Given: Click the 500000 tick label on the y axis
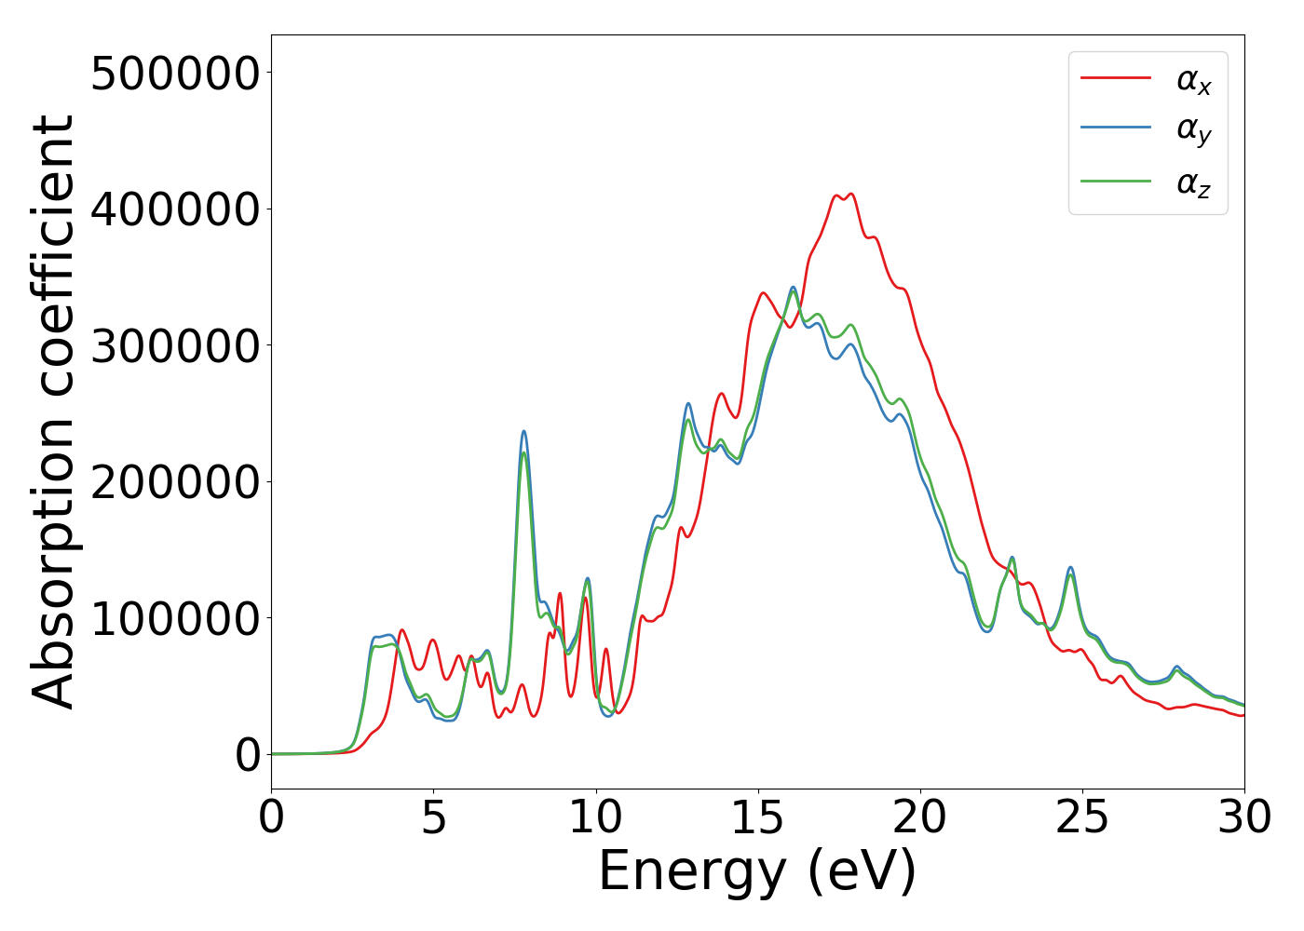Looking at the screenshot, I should [x=175, y=74].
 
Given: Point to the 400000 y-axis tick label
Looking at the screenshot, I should [x=175, y=209].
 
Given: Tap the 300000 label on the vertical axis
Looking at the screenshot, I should [x=175, y=346].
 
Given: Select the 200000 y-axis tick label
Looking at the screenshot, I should [x=175, y=482].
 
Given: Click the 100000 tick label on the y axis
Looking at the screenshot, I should [x=175, y=619].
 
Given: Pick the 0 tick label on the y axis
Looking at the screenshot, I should [x=248, y=755].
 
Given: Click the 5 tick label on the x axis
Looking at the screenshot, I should [x=434, y=817].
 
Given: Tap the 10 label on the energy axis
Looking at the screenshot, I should [x=596, y=817].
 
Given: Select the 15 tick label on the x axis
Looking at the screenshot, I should [x=758, y=817].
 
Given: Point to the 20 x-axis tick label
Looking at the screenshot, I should [x=920, y=817].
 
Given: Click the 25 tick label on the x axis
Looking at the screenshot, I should [x=1082, y=817].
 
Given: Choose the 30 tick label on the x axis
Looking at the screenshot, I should [x=1244, y=817].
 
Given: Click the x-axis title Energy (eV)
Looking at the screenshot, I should [x=757, y=871].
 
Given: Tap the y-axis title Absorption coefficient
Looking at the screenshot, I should [x=53, y=412].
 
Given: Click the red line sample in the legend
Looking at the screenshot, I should [x=1116, y=78].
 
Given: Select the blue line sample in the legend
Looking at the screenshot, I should [x=1116, y=128].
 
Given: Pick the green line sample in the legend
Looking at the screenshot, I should [x=1116, y=181].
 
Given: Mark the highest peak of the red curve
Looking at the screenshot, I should [x=850, y=194].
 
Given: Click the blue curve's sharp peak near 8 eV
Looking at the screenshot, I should [x=523, y=431].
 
